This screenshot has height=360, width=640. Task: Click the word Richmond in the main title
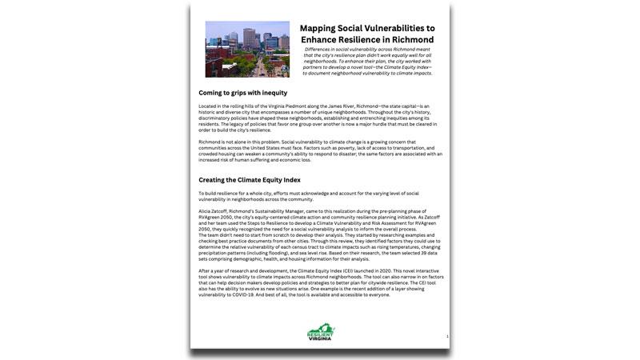[x=407, y=39]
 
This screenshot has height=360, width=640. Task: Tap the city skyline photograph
[x=247, y=49]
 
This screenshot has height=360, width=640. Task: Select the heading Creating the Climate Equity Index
[x=250, y=180]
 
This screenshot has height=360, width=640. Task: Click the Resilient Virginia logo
[x=320, y=332]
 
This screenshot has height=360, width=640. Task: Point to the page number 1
[x=447, y=337]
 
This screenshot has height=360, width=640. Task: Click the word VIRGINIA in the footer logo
[x=320, y=339]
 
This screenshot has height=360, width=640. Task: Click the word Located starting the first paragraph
[x=208, y=106]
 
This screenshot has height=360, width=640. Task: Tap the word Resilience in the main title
[x=366, y=39]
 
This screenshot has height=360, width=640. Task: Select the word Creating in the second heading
[x=213, y=180]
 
